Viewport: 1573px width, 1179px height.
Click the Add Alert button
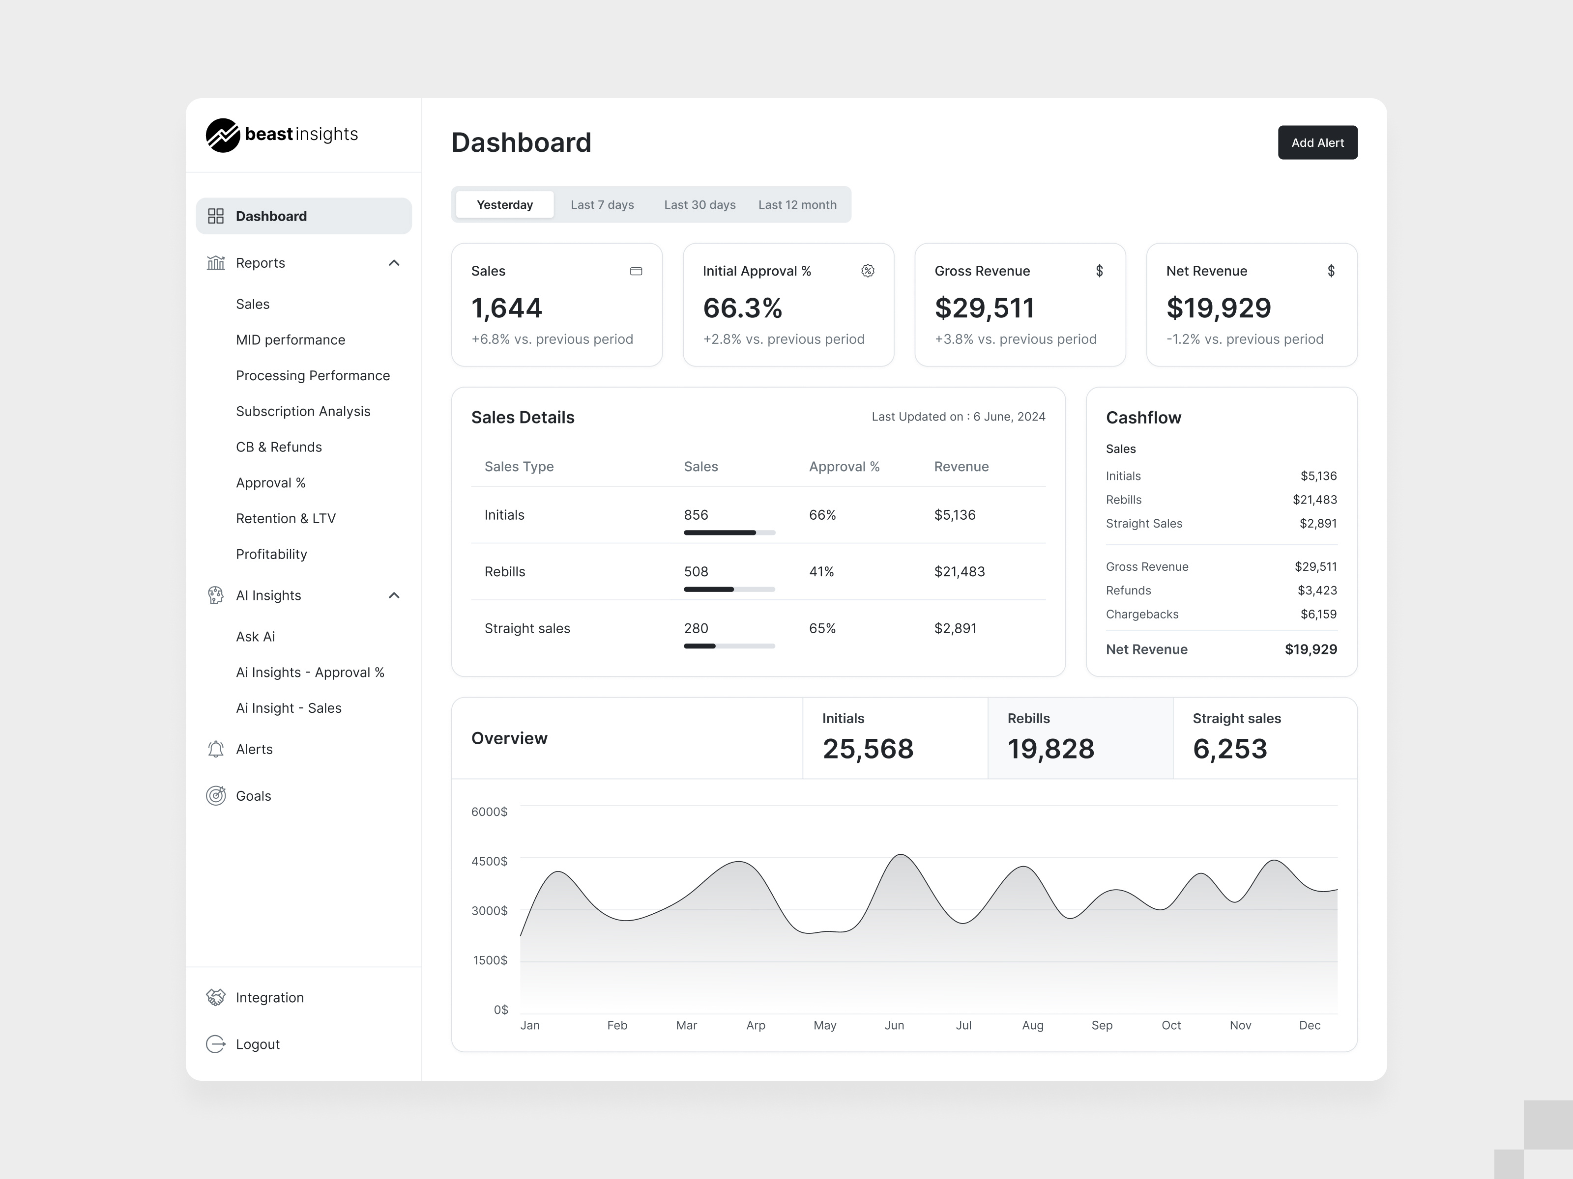(x=1317, y=143)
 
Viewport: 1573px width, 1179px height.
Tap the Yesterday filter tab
(x=504, y=205)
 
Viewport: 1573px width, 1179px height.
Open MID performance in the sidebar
(x=290, y=340)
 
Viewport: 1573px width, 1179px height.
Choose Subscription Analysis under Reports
(x=303, y=412)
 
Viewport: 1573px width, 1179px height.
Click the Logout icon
(x=215, y=1044)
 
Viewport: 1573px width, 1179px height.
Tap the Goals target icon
(x=215, y=796)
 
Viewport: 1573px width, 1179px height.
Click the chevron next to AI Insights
(x=394, y=595)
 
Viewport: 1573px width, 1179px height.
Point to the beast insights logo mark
(x=223, y=135)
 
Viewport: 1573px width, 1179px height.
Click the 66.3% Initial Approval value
(x=742, y=308)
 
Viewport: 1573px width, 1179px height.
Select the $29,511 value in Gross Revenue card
(x=984, y=308)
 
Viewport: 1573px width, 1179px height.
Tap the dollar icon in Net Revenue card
(x=1331, y=271)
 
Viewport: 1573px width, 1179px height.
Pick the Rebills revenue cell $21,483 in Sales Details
(x=960, y=571)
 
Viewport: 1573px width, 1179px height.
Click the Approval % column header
(x=844, y=467)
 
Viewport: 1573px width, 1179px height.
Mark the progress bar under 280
(x=729, y=646)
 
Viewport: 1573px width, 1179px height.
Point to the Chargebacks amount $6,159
(x=1318, y=614)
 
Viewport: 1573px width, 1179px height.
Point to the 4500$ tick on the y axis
(x=489, y=861)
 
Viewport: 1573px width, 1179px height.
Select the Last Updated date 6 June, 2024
(x=1009, y=417)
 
